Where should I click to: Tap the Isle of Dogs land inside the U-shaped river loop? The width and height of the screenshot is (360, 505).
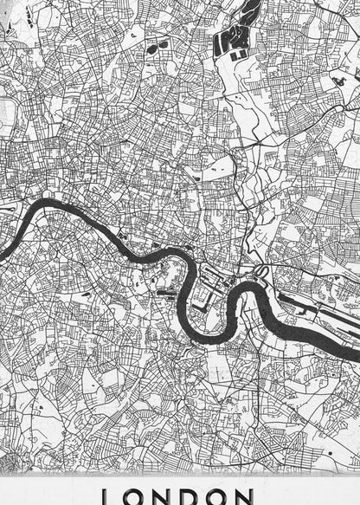point(208,303)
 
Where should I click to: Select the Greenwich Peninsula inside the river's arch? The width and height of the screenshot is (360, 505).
point(259,303)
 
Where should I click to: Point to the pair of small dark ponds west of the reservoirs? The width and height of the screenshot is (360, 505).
point(157,45)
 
